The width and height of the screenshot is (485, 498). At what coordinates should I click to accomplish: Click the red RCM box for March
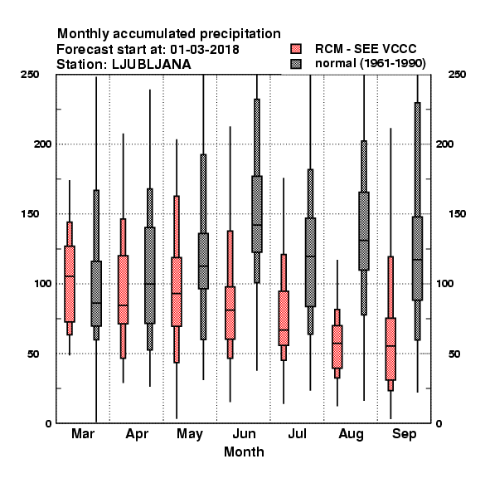tap(70, 284)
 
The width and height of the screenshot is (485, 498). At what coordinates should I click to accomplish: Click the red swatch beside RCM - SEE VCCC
tap(296, 49)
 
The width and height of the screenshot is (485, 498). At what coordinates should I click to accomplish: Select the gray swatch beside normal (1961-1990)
tap(296, 64)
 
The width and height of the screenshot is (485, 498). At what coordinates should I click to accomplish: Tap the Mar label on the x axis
tap(83, 434)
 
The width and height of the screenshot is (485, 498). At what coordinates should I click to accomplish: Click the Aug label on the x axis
tap(351, 434)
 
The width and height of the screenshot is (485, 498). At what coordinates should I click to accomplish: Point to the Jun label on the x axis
tap(244, 434)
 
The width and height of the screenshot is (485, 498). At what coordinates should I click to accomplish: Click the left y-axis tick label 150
tap(30, 214)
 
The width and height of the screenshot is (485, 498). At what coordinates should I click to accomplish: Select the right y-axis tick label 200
tap(444, 144)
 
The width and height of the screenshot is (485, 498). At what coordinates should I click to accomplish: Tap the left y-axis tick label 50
tap(33, 354)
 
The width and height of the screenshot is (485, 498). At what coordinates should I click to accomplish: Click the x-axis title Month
tap(244, 452)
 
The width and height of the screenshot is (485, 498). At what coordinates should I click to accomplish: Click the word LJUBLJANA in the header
tap(152, 65)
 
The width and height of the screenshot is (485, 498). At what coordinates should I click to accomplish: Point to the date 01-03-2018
tap(205, 50)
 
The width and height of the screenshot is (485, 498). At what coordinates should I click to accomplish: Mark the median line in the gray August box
tap(364, 241)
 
